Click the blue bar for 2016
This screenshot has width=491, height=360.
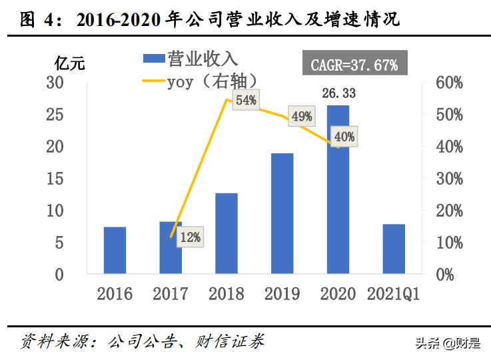click(x=115, y=250)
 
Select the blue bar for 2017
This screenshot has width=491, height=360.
click(x=171, y=247)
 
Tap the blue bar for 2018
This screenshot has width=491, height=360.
click(x=227, y=233)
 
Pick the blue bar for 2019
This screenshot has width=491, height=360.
click(x=282, y=213)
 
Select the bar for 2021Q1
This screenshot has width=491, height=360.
click(x=394, y=249)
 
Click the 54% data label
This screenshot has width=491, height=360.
click(x=246, y=101)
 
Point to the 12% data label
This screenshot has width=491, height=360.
click(x=190, y=237)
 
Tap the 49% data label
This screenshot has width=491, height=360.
click(x=302, y=117)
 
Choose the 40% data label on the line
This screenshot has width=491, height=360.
click(x=345, y=137)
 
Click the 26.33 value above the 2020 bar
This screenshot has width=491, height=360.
click(x=338, y=93)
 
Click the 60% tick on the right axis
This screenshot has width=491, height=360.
click(x=449, y=83)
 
